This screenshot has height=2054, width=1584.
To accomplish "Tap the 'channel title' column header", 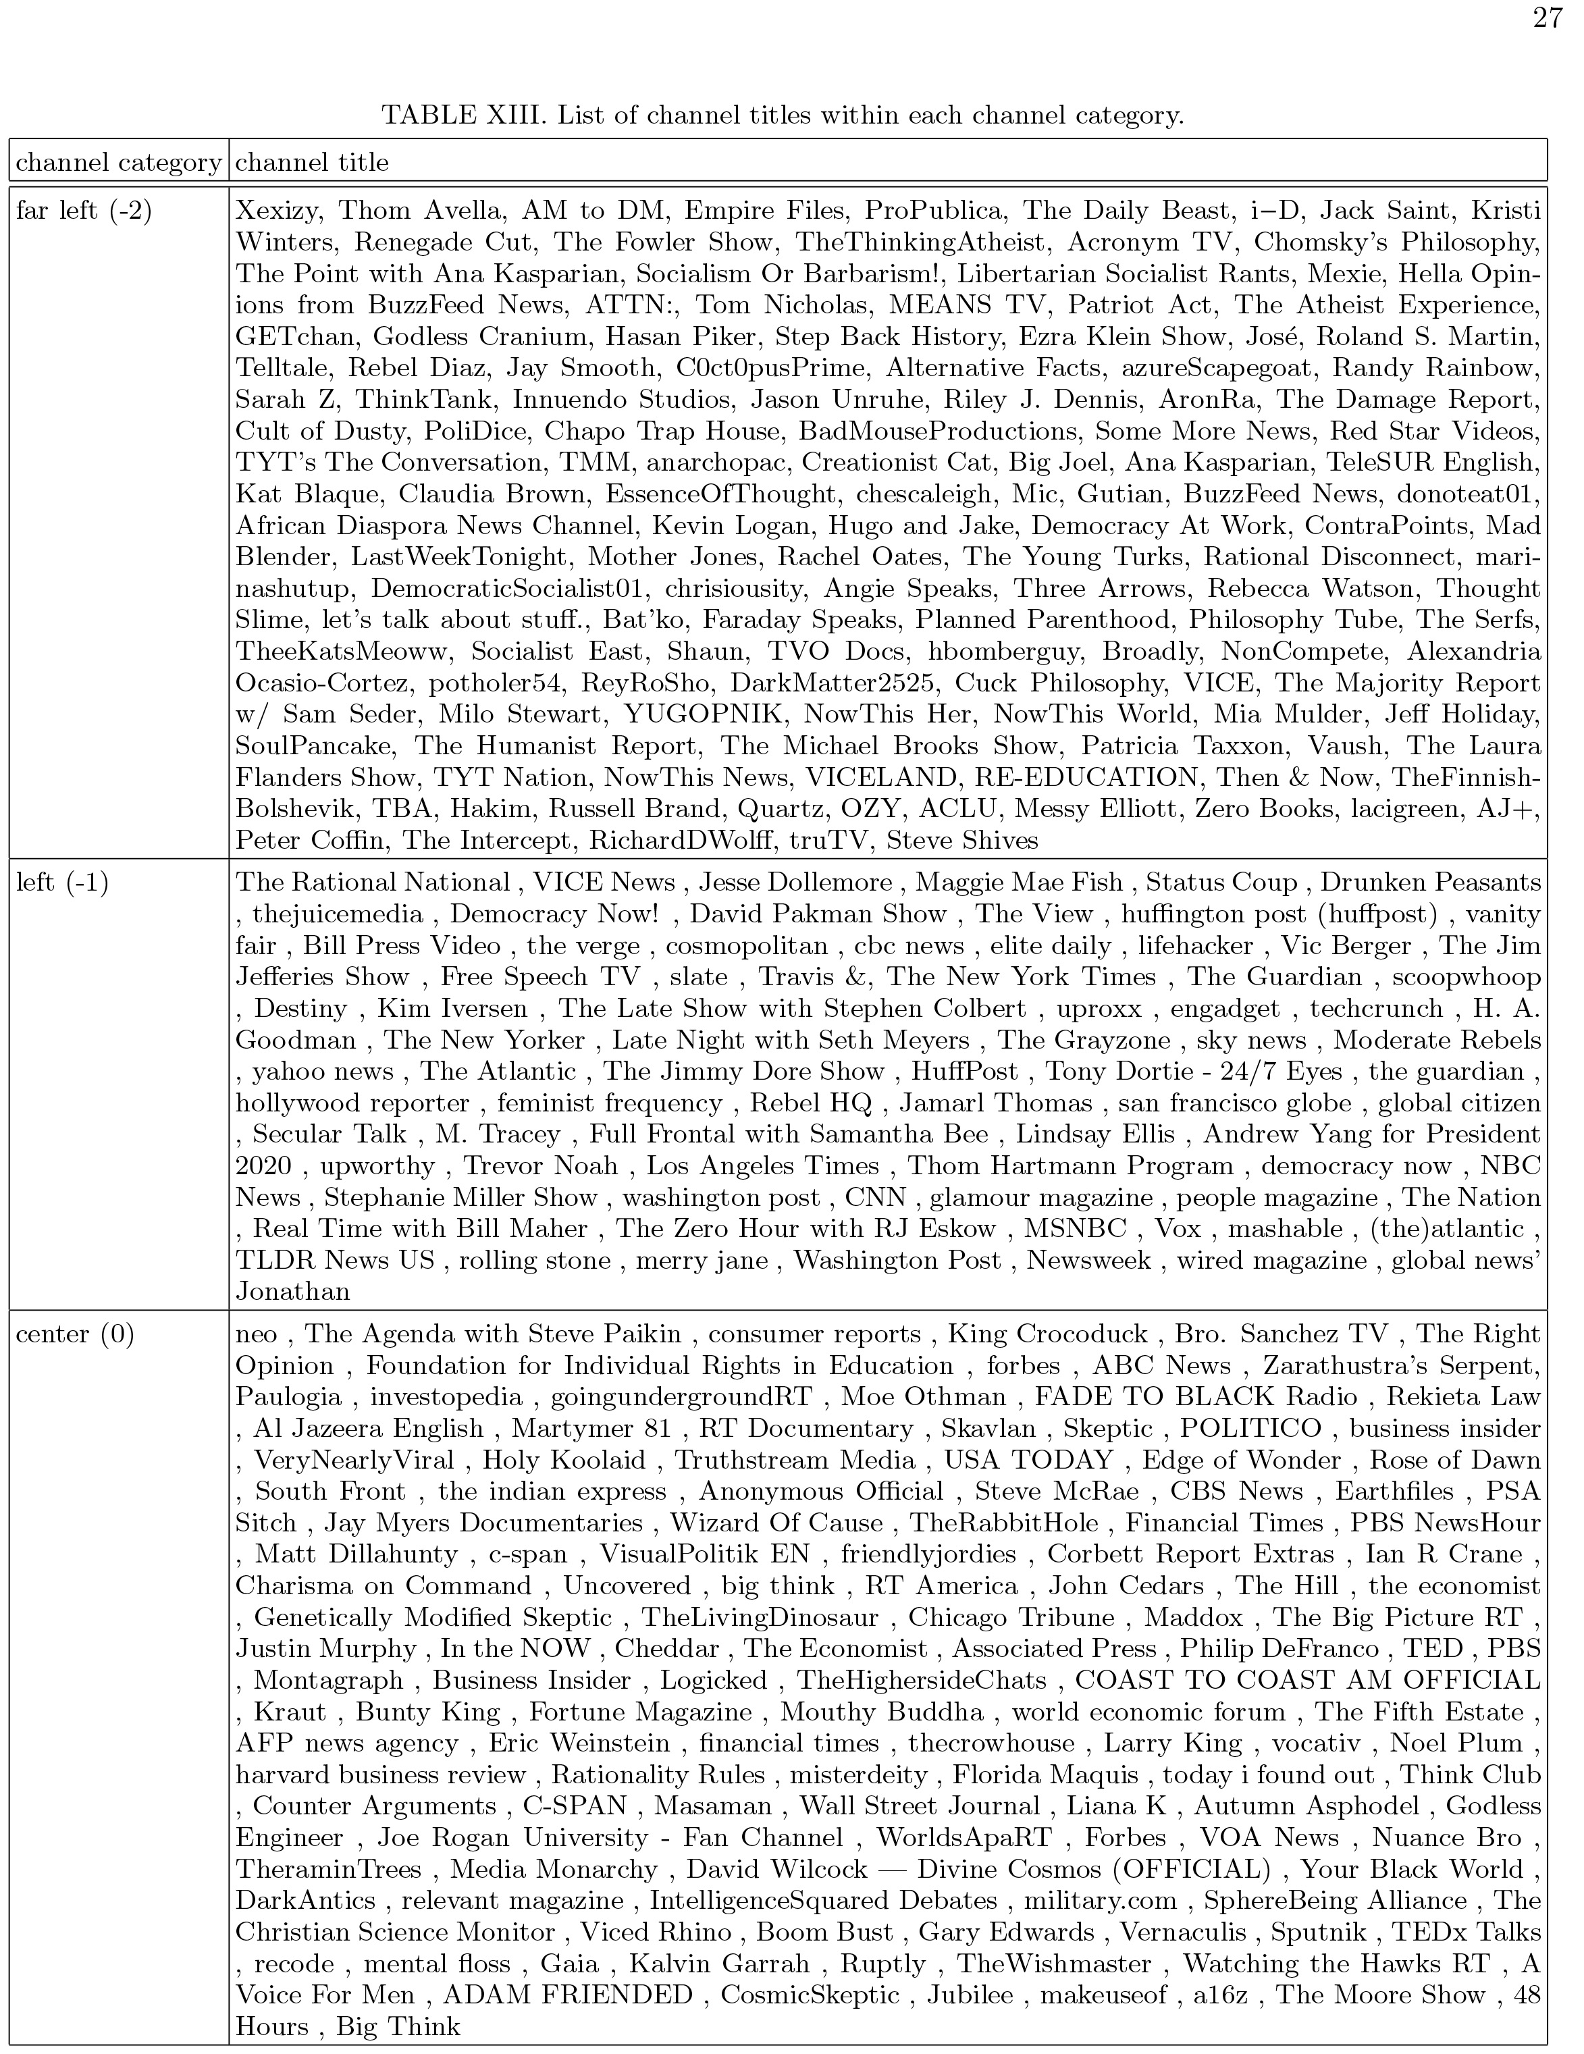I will (x=311, y=163).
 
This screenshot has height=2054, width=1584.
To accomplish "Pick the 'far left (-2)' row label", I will (x=84, y=210).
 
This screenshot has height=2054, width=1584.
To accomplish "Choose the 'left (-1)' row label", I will (x=62, y=882).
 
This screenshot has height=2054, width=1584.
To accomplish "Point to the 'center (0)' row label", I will (x=75, y=1334).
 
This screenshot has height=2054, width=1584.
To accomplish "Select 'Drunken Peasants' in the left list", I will (x=1431, y=882).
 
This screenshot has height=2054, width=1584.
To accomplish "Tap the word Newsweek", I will (x=1088, y=1260).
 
